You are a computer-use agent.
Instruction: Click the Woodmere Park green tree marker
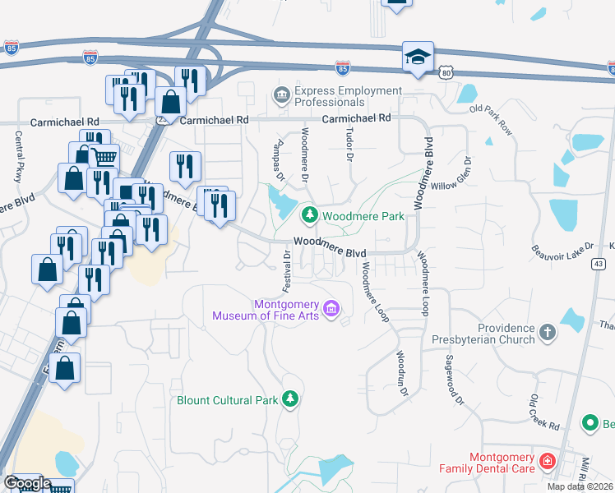310,216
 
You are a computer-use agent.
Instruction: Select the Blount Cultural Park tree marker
289,400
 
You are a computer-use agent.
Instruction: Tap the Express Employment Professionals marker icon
282,96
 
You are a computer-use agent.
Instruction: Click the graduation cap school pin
418,58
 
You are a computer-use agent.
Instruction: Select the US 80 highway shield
446,73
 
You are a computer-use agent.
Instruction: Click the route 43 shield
599,264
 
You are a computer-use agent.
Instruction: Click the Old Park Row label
490,119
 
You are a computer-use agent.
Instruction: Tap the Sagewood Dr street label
454,380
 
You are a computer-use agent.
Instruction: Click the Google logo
27,484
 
